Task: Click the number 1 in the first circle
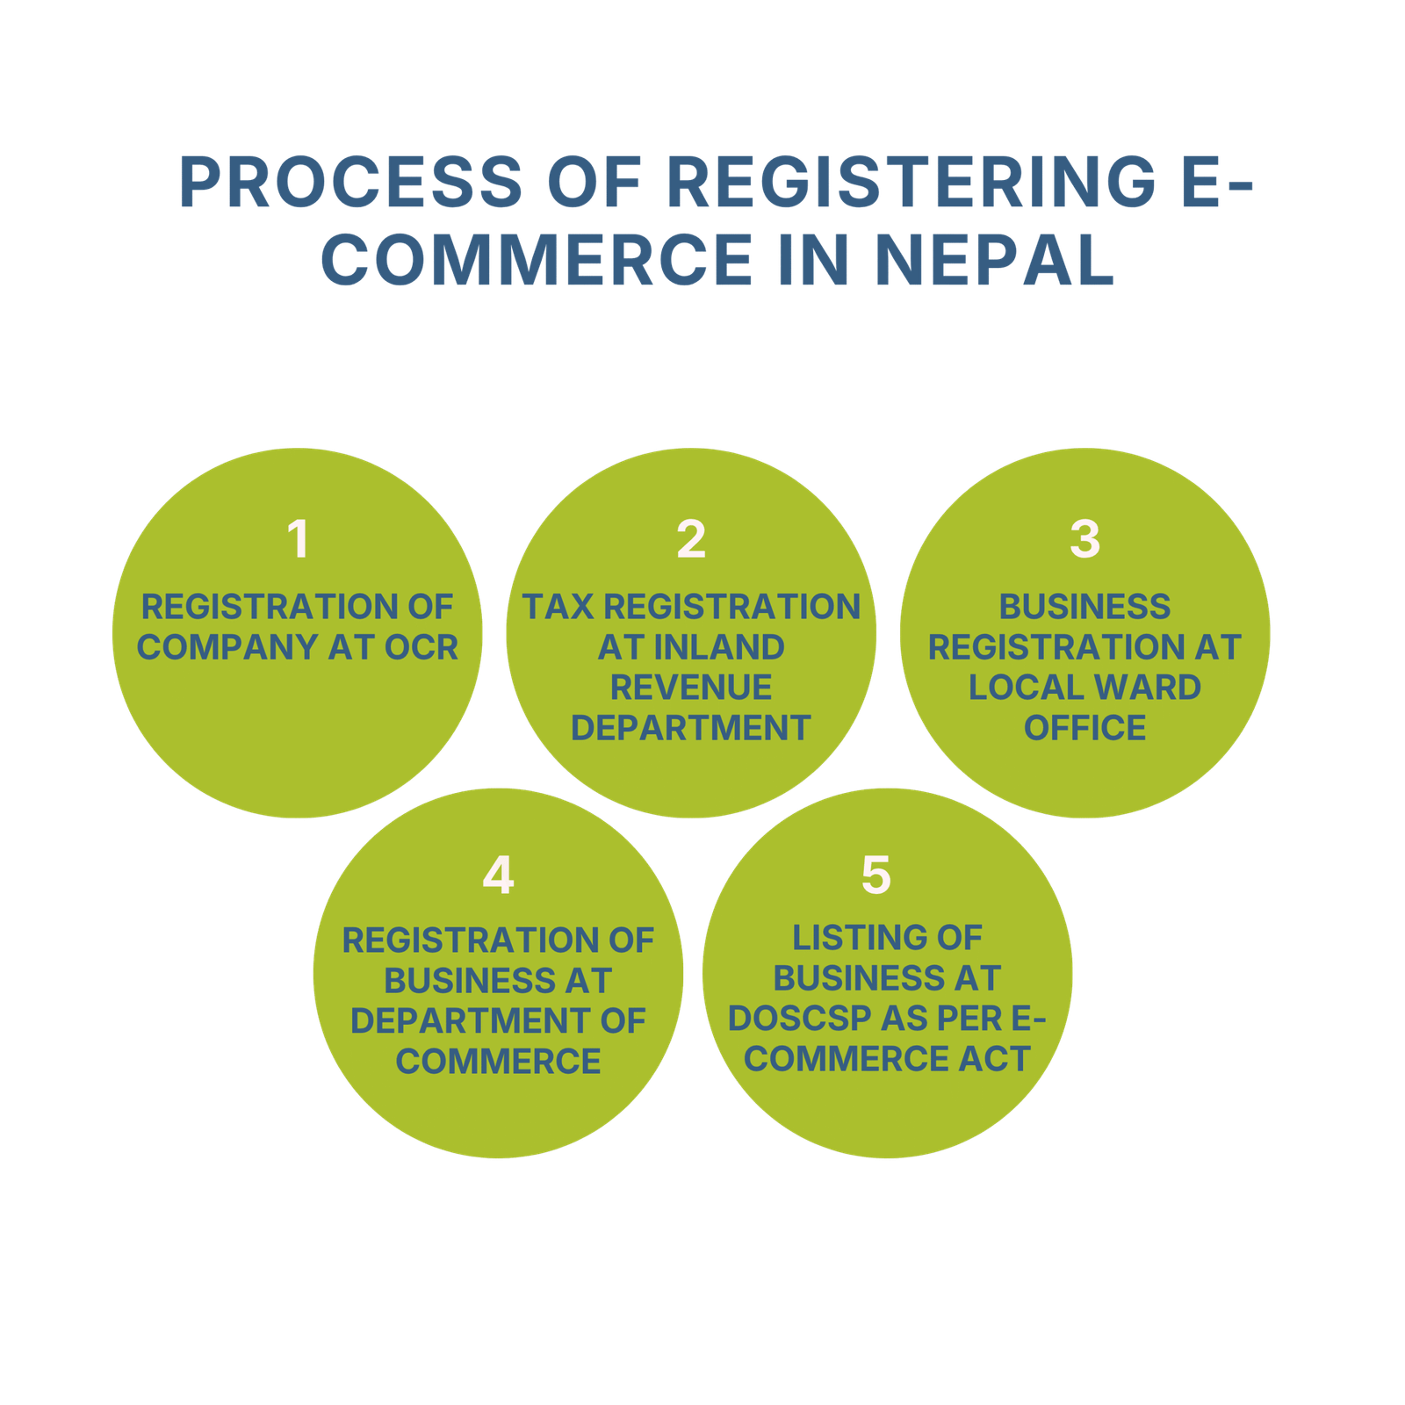tap(299, 538)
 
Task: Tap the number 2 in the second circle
tap(691, 538)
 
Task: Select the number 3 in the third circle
tap(1084, 538)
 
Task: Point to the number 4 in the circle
tap(498, 875)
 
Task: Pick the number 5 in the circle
tap(875, 875)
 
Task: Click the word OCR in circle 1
tap(421, 647)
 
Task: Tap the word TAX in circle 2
tap(558, 607)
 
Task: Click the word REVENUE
tap(691, 688)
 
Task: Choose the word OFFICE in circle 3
tap(1084, 728)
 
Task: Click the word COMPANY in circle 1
tap(227, 647)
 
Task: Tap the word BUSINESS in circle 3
tap(1084, 607)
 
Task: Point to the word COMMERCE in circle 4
tap(498, 1062)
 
